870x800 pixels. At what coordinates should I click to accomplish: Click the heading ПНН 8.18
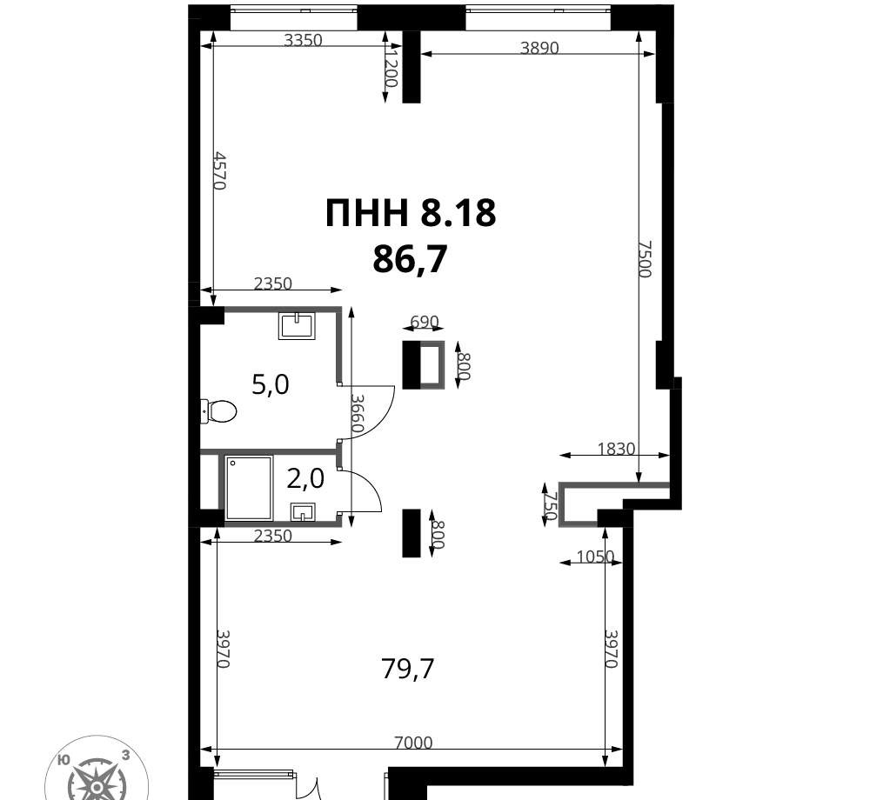(410, 213)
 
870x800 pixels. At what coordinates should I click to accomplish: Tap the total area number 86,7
(410, 259)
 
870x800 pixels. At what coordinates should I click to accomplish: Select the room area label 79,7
(408, 669)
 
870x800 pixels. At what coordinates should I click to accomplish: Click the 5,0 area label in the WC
(271, 384)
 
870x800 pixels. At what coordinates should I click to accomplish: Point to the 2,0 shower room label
(305, 478)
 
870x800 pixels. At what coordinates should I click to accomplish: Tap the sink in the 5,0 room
(297, 325)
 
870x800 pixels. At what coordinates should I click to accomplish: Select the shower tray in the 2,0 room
(249, 488)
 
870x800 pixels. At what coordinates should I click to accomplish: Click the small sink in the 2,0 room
(303, 512)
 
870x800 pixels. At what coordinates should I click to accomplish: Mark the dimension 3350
(303, 40)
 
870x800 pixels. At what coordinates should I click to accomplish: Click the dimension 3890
(539, 48)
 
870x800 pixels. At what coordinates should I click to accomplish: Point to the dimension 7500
(644, 259)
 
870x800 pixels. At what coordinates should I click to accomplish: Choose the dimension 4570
(220, 170)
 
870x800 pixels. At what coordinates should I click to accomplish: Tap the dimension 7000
(413, 742)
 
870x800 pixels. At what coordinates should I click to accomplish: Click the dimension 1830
(616, 449)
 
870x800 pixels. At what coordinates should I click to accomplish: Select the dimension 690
(424, 322)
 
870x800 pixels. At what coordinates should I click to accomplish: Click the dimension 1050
(595, 556)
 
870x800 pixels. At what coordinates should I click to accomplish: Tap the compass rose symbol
(97, 773)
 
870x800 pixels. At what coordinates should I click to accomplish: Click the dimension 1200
(391, 66)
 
